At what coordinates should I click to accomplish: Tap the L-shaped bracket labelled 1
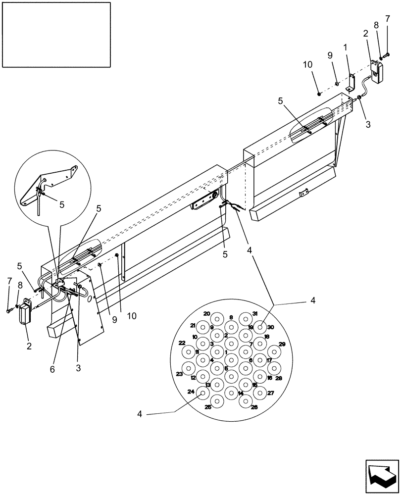tap(351, 82)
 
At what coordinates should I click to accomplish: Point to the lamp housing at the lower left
tap(24, 315)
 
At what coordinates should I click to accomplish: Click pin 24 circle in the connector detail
tap(203, 393)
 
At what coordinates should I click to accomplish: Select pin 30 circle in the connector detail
tap(260, 328)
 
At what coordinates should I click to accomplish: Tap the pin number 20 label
tap(206, 314)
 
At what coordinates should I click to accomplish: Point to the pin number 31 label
tap(254, 314)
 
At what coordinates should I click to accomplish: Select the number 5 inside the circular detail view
tap(62, 204)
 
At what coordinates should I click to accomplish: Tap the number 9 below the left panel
tap(114, 319)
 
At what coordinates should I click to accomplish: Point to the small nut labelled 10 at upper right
tap(319, 93)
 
